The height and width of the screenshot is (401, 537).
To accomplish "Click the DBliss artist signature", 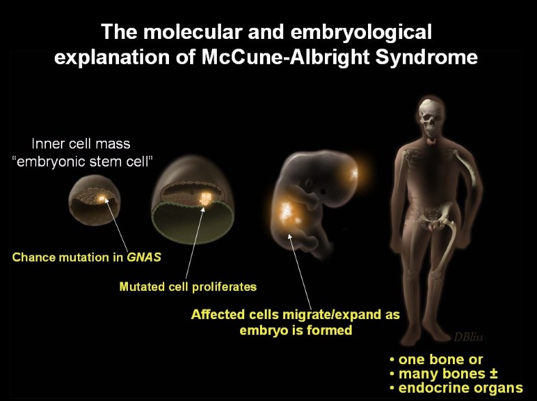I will click(471, 336).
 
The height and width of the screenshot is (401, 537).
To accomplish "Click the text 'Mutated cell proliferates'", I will click(188, 286).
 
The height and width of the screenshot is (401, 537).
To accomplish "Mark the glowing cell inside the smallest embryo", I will click(103, 198).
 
